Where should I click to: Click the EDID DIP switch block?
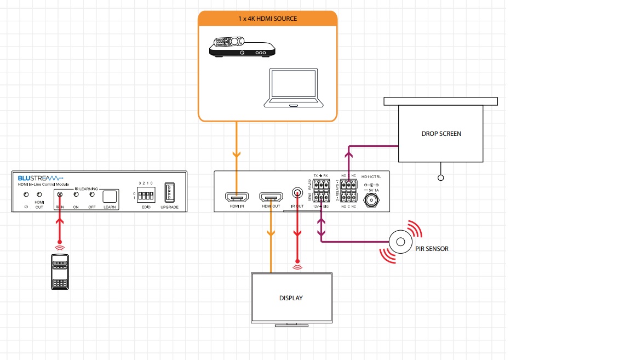[145, 195]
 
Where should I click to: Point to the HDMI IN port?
[236, 197]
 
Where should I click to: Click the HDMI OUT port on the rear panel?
[271, 197]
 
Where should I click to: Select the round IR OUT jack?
[297, 193]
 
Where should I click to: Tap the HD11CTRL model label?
[371, 177]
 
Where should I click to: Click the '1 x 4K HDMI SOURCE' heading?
[267, 19]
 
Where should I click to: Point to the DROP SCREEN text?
[441, 134]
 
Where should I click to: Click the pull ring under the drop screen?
[441, 178]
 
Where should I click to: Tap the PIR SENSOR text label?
[432, 249]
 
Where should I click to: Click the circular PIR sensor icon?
[400, 242]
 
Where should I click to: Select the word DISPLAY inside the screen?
[291, 298]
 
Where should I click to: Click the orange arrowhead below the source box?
[236, 155]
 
